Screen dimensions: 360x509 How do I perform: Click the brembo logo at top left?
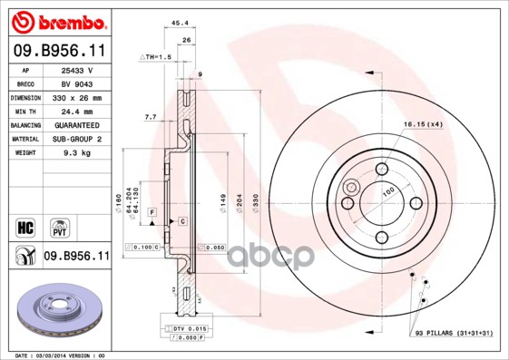[x=58, y=21]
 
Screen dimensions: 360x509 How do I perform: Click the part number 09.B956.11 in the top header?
[x=58, y=53]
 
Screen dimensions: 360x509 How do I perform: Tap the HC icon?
[x=25, y=224]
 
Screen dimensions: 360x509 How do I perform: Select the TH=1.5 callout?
[x=156, y=57]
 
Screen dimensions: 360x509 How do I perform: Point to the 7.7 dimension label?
[x=150, y=117]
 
